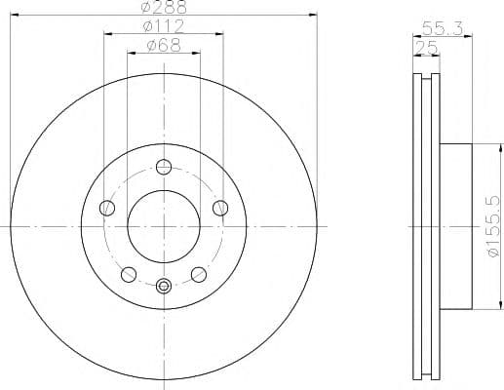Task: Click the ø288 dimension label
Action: point(164,7)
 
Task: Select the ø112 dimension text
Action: point(164,26)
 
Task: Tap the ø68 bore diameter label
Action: point(164,45)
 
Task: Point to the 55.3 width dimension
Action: point(436,29)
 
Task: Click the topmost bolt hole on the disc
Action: point(164,166)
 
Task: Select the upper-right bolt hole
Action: point(220,207)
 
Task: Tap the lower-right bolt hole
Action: point(199,273)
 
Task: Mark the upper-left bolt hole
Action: point(107,207)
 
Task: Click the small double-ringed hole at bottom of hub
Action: point(164,286)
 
